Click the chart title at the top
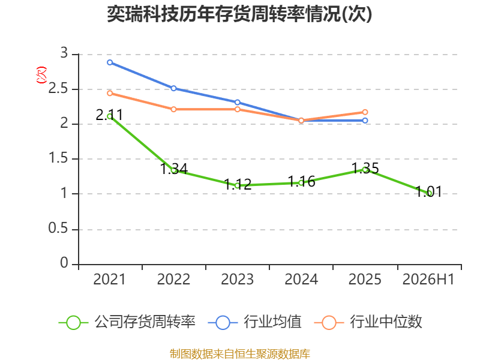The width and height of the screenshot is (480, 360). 239,14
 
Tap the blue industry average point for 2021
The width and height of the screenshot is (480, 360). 110,62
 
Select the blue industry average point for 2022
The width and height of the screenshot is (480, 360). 173,88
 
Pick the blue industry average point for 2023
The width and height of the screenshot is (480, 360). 238,102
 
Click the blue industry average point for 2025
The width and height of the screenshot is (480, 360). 365,121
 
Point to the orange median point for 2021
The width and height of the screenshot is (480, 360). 110,93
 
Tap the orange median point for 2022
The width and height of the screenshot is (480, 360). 173,109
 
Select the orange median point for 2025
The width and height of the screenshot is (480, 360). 365,112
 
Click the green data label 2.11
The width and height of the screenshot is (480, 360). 109,115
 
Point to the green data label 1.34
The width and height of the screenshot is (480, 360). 174,169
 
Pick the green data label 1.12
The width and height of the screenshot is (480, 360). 238,184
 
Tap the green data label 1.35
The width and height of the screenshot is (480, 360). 365,169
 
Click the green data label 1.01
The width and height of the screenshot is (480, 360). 428,192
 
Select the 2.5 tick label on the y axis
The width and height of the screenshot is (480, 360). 58,89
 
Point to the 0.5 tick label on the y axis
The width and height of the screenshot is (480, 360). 58,229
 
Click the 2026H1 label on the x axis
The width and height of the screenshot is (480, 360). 428,280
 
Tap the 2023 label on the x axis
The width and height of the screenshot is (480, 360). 238,280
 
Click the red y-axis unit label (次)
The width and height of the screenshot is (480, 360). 41,75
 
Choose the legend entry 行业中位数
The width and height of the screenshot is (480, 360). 368,322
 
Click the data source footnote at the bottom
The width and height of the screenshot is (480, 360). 239,354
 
